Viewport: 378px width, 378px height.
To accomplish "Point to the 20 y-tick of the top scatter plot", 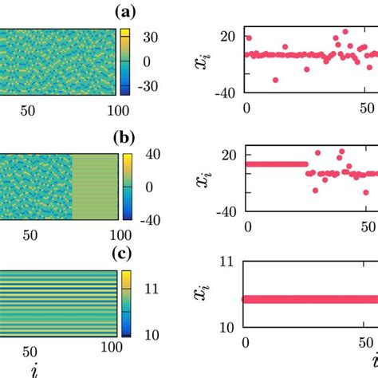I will [228, 35].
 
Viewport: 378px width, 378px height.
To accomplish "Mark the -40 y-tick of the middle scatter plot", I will [225, 211].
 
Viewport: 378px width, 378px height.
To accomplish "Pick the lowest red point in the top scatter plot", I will [276, 80].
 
